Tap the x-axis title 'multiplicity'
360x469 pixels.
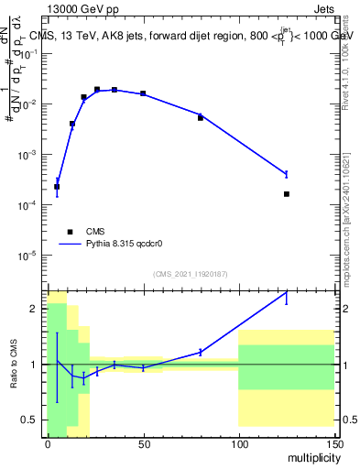tap(311, 455)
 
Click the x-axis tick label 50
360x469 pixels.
tap(143, 443)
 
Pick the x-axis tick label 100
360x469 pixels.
tap(238, 443)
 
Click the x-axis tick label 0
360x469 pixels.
tap(48, 443)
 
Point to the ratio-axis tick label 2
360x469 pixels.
tap(35, 310)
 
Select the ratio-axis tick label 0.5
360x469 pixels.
tap(31, 420)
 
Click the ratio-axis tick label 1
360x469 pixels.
tap(35, 365)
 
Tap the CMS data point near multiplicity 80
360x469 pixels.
tap(201, 118)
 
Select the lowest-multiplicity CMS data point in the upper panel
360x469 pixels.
tap(57, 187)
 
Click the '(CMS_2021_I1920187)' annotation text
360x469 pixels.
tap(189, 273)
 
